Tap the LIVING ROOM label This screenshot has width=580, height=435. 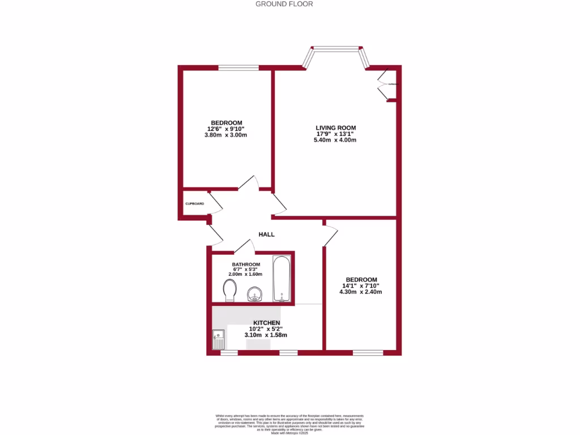click(335, 127)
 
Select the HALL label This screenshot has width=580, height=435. click(266, 234)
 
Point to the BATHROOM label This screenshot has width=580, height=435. click(246, 265)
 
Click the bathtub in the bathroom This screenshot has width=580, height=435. click(282, 279)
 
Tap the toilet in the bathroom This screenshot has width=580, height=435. click(230, 292)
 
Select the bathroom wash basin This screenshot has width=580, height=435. click(254, 294)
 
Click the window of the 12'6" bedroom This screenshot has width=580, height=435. click(238, 68)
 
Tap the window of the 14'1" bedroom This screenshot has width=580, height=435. click(368, 352)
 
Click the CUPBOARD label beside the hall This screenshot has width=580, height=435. click(194, 203)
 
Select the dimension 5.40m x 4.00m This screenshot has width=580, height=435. click(335, 140)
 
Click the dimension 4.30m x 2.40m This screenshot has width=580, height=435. click(361, 292)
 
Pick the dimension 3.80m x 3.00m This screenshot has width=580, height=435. click(227, 135)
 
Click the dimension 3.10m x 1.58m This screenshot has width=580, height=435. click(266, 335)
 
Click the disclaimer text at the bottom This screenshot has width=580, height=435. click(289, 423)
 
